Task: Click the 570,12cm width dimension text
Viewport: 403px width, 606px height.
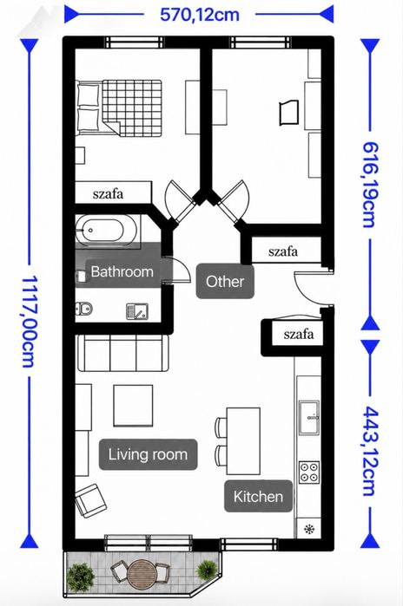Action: tap(200, 15)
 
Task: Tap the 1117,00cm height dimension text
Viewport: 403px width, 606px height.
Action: tap(29, 321)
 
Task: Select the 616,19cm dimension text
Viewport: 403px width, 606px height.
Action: tap(369, 185)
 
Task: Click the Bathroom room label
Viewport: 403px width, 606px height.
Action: tap(122, 271)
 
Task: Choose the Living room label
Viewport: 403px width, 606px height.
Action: tap(148, 454)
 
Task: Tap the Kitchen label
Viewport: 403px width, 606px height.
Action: tap(258, 496)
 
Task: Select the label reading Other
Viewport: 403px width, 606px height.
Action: tap(225, 282)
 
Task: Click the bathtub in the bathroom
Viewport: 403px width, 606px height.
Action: tap(106, 231)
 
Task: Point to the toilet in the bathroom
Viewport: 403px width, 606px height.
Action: tap(84, 308)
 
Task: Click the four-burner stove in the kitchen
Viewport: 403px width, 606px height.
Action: tap(309, 472)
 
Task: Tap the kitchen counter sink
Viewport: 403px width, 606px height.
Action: tap(309, 417)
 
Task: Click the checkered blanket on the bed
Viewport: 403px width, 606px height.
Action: tap(132, 108)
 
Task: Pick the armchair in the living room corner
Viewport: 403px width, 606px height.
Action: tap(91, 501)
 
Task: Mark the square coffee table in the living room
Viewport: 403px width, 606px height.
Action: tap(133, 406)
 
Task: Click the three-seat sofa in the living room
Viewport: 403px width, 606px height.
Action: tap(123, 353)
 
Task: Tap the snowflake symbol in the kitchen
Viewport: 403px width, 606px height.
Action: tap(309, 529)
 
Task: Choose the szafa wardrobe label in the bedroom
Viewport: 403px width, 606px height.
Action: tap(108, 193)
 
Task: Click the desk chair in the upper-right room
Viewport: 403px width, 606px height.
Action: tap(289, 113)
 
